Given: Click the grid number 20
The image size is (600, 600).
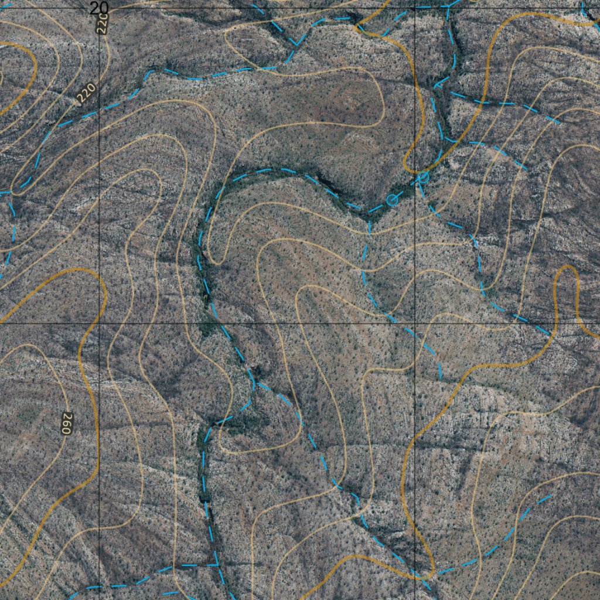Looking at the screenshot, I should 100,8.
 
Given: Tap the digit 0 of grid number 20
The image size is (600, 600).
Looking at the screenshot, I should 104,8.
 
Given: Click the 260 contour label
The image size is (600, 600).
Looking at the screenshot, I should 66,422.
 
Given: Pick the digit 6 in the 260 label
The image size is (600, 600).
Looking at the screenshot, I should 66,422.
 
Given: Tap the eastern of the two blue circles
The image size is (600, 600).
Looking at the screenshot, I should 424,176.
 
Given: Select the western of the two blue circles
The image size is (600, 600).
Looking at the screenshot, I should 392,200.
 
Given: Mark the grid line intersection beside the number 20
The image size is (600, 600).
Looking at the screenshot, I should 100,8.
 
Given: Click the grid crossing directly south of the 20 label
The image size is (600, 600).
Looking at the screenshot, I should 100,323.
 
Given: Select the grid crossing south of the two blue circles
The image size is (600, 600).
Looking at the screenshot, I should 415,323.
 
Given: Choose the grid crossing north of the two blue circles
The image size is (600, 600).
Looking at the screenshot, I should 415,8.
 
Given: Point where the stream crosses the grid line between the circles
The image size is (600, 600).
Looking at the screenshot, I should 415,182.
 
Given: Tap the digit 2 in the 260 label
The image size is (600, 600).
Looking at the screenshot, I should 66,429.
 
